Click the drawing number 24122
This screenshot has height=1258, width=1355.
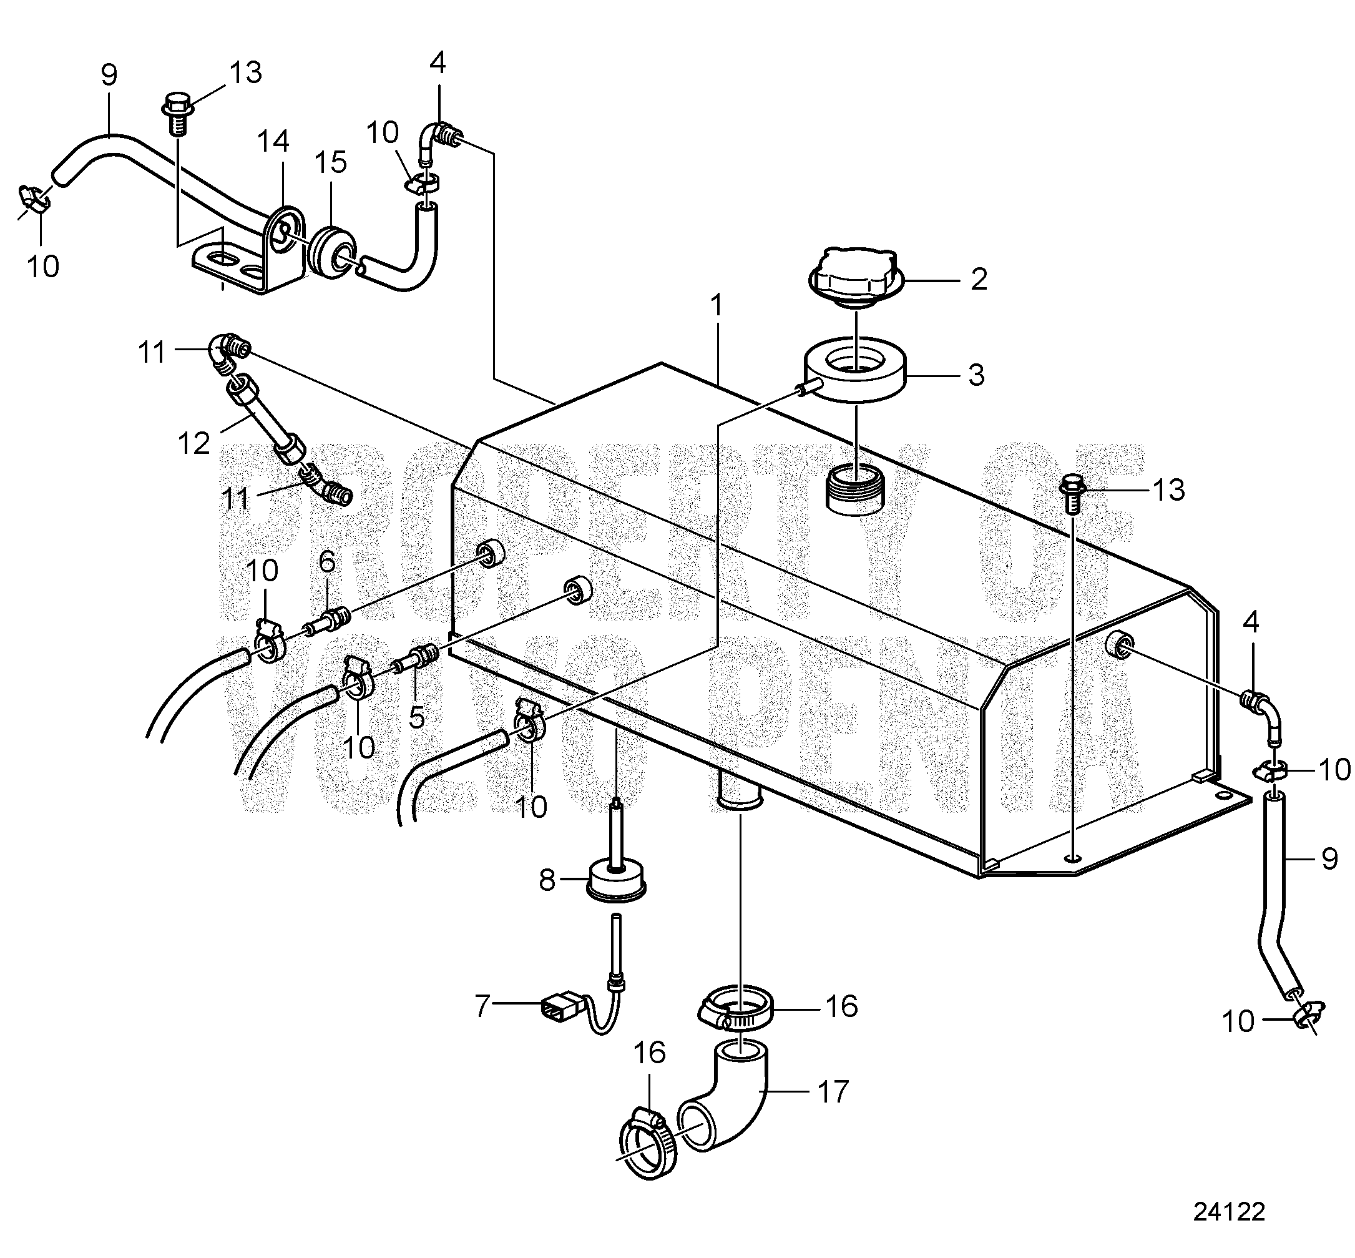click(x=1228, y=1211)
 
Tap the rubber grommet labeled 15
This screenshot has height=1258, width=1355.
click(x=330, y=251)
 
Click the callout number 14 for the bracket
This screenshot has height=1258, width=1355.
click(x=273, y=142)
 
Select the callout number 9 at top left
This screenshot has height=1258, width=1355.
click(x=109, y=76)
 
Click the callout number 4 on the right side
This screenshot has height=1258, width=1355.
click(x=1251, y=622)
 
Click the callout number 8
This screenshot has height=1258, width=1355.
click(x=547, y=881)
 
